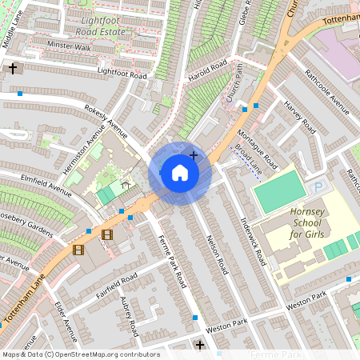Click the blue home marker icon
point(180,173)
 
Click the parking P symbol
point(318,186)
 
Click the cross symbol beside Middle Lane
point(13,69)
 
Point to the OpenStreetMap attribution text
point(80,354)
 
